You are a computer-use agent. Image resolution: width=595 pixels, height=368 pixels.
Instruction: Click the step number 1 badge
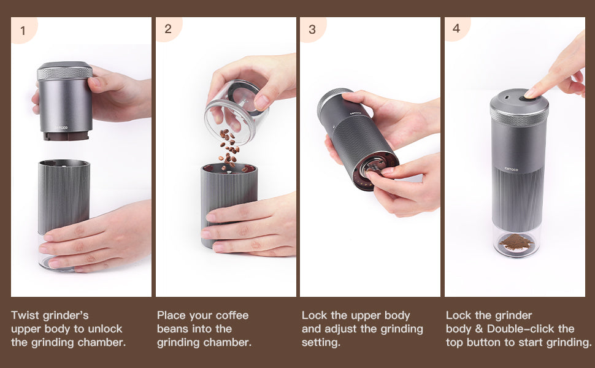click(23, 30)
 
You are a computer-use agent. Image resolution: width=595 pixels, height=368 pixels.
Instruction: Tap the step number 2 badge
click(167, 29)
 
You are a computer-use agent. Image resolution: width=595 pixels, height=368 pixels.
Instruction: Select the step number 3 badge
click(312, 29)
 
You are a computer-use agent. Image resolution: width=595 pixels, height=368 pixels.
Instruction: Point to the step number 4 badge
click(456, 28)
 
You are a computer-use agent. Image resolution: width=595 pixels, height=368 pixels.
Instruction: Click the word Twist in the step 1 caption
click(25, 315)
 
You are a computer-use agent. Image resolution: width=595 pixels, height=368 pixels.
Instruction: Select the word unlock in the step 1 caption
click(104, 329)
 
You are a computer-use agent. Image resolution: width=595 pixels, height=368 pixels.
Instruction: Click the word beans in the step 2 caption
click(172, 329)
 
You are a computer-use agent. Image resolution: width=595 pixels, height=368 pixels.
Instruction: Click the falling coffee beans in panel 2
click(229, 149)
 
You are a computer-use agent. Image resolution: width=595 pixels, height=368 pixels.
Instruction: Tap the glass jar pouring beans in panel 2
click(237, 111)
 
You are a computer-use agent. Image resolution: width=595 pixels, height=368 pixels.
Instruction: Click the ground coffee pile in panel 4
click(516, 242)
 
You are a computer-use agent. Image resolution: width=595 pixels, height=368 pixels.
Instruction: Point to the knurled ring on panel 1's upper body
click(65, 73)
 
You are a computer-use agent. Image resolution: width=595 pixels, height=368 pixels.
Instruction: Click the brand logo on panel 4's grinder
click(511, 169)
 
